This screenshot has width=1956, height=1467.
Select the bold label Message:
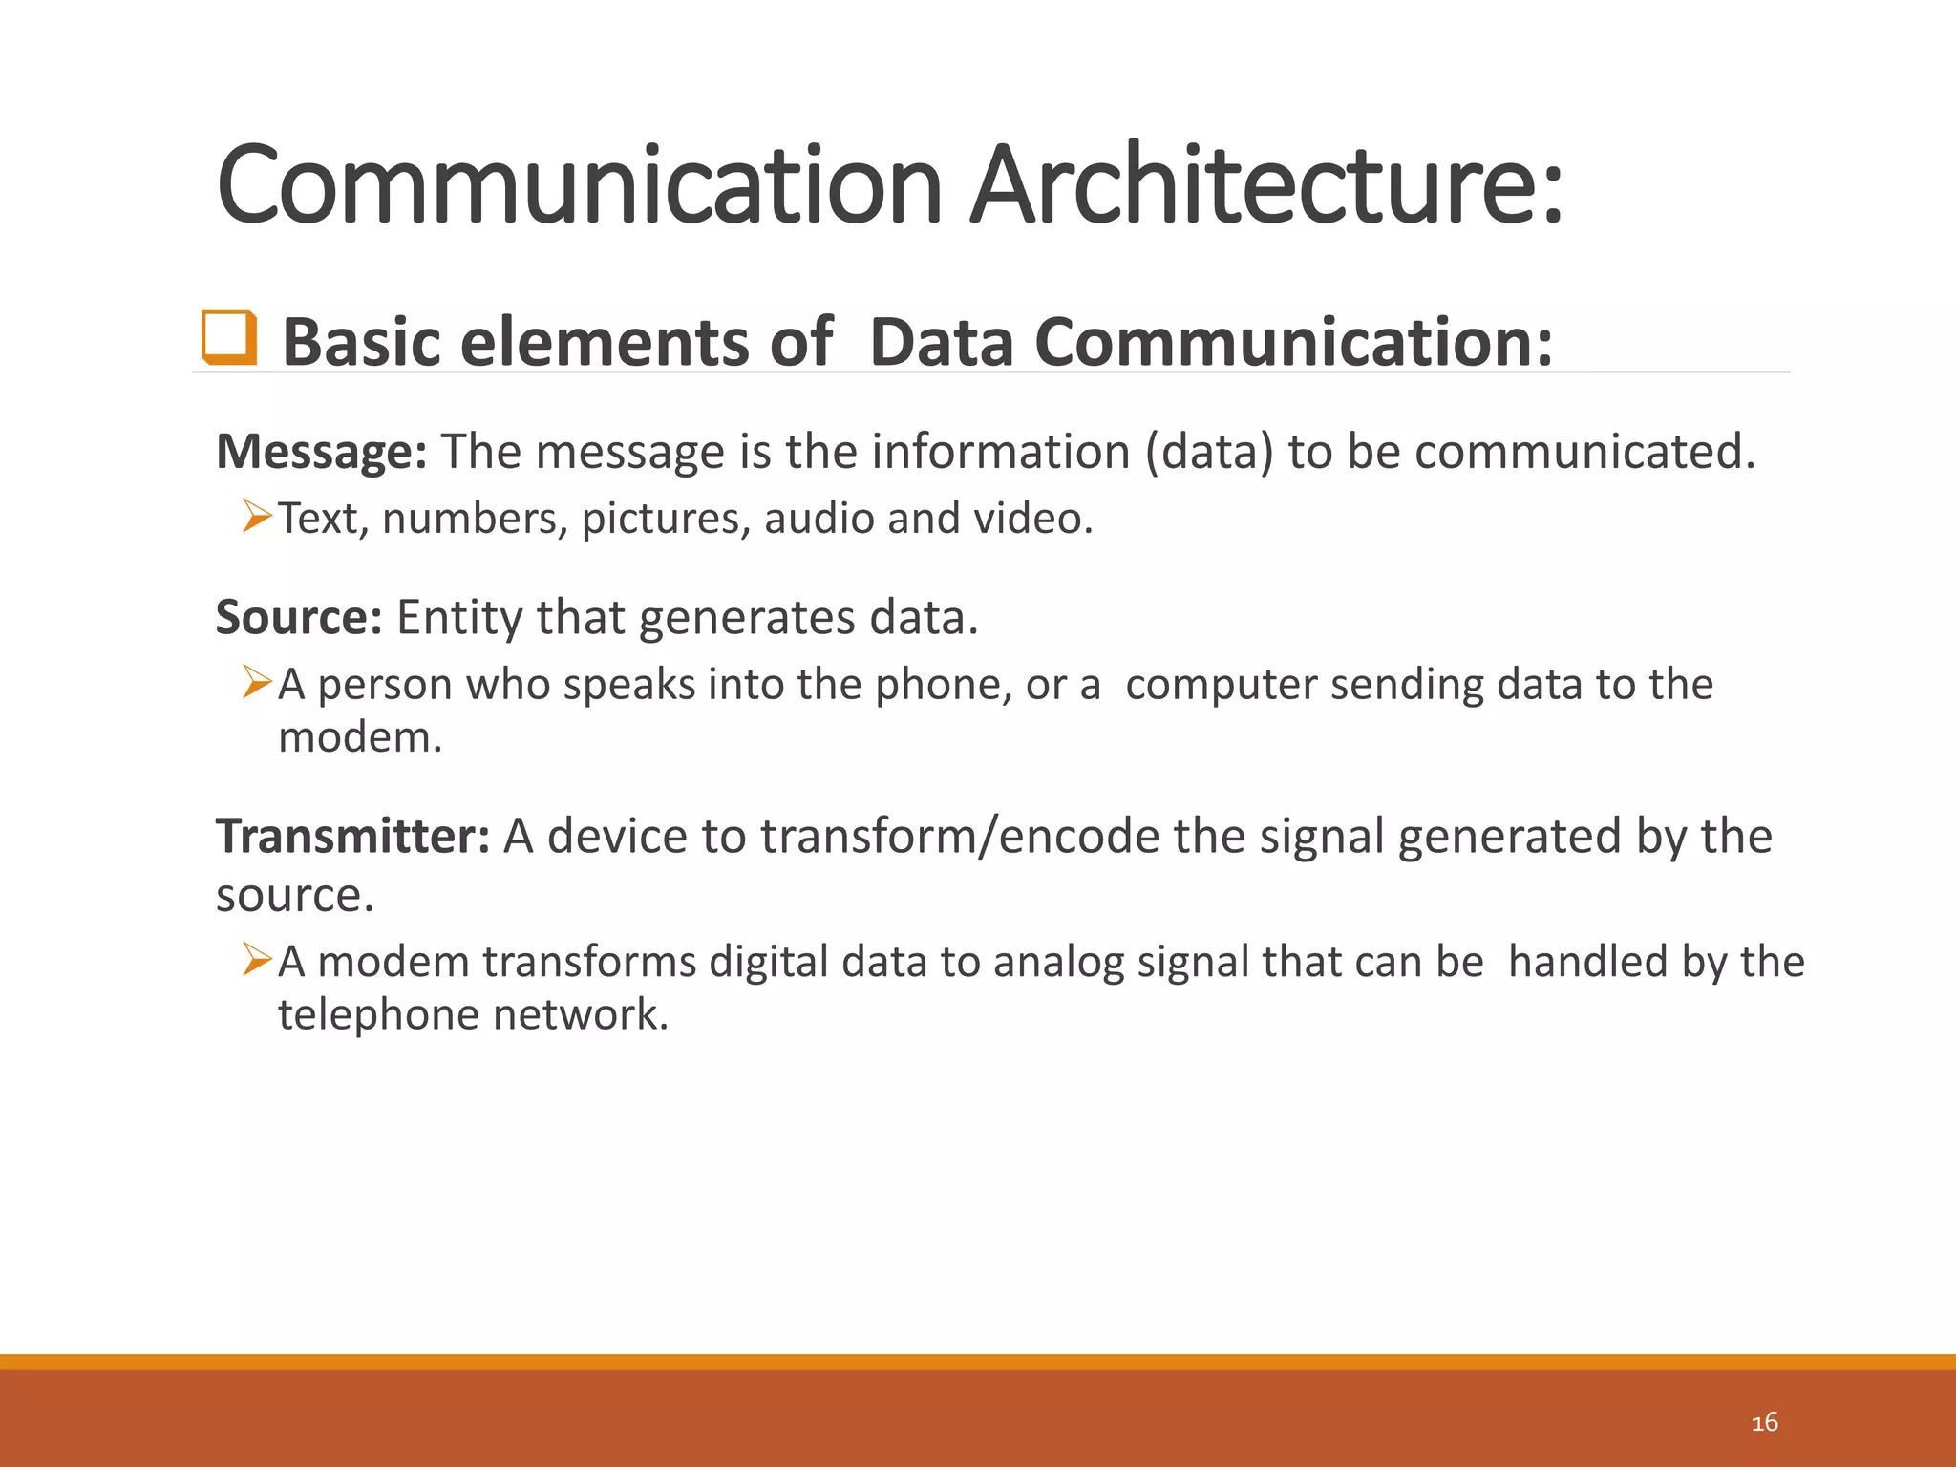(321, 451)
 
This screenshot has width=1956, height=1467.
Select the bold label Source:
(299, 617)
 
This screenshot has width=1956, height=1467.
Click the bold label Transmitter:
(352, 836)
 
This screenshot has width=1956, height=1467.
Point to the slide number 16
(1764, 1422)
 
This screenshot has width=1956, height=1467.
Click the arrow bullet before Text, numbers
(257, 517)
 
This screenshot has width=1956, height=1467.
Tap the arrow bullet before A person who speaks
(257, 683)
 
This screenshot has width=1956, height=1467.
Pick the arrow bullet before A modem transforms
(257, 960)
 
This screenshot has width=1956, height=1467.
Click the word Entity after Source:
(458, 618)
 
